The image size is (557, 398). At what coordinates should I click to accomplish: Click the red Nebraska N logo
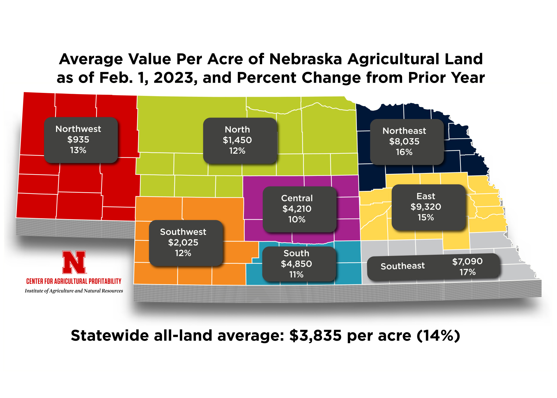(74, 262)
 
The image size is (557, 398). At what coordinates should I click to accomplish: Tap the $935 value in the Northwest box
(78, 140)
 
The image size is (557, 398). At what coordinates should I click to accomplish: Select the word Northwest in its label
(78, 129)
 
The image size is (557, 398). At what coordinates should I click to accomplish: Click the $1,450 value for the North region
(237, 140)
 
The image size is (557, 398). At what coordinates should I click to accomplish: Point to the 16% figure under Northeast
(404, 152)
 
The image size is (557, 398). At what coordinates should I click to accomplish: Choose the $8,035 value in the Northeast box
(404, 141)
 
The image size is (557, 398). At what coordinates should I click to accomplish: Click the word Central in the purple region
(297, 198)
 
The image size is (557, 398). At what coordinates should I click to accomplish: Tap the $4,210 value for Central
(297, 209)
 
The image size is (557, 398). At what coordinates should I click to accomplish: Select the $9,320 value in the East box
(426, 207)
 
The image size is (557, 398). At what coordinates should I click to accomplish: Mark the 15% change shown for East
(426, 218)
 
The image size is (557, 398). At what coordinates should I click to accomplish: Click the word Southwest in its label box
(183, 232)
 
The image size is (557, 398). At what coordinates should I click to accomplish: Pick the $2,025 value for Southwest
(183, 242)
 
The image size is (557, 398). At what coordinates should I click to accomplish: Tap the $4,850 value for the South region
(296, 264)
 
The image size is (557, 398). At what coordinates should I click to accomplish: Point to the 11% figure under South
(296, 275)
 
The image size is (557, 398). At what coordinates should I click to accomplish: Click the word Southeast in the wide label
(403, 266)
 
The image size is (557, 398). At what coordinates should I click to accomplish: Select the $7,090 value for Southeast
(467, 262)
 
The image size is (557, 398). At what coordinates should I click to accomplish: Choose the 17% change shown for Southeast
(467, 272)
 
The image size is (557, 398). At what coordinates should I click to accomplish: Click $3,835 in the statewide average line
(315, 336)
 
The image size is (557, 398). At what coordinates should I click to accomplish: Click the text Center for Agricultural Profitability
(74, 281)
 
